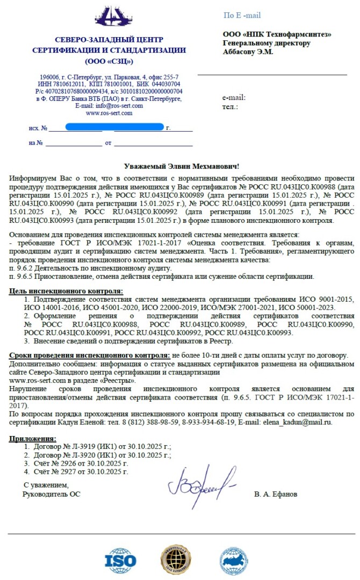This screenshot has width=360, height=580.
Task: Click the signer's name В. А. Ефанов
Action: coord(276,494)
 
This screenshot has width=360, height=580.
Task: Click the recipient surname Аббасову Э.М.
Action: coord(248,52)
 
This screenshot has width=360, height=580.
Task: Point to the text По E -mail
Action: coord(242,15)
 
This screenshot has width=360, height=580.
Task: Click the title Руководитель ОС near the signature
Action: coord(52,494)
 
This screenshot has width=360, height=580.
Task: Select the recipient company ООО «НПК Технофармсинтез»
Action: coord(277,34)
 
